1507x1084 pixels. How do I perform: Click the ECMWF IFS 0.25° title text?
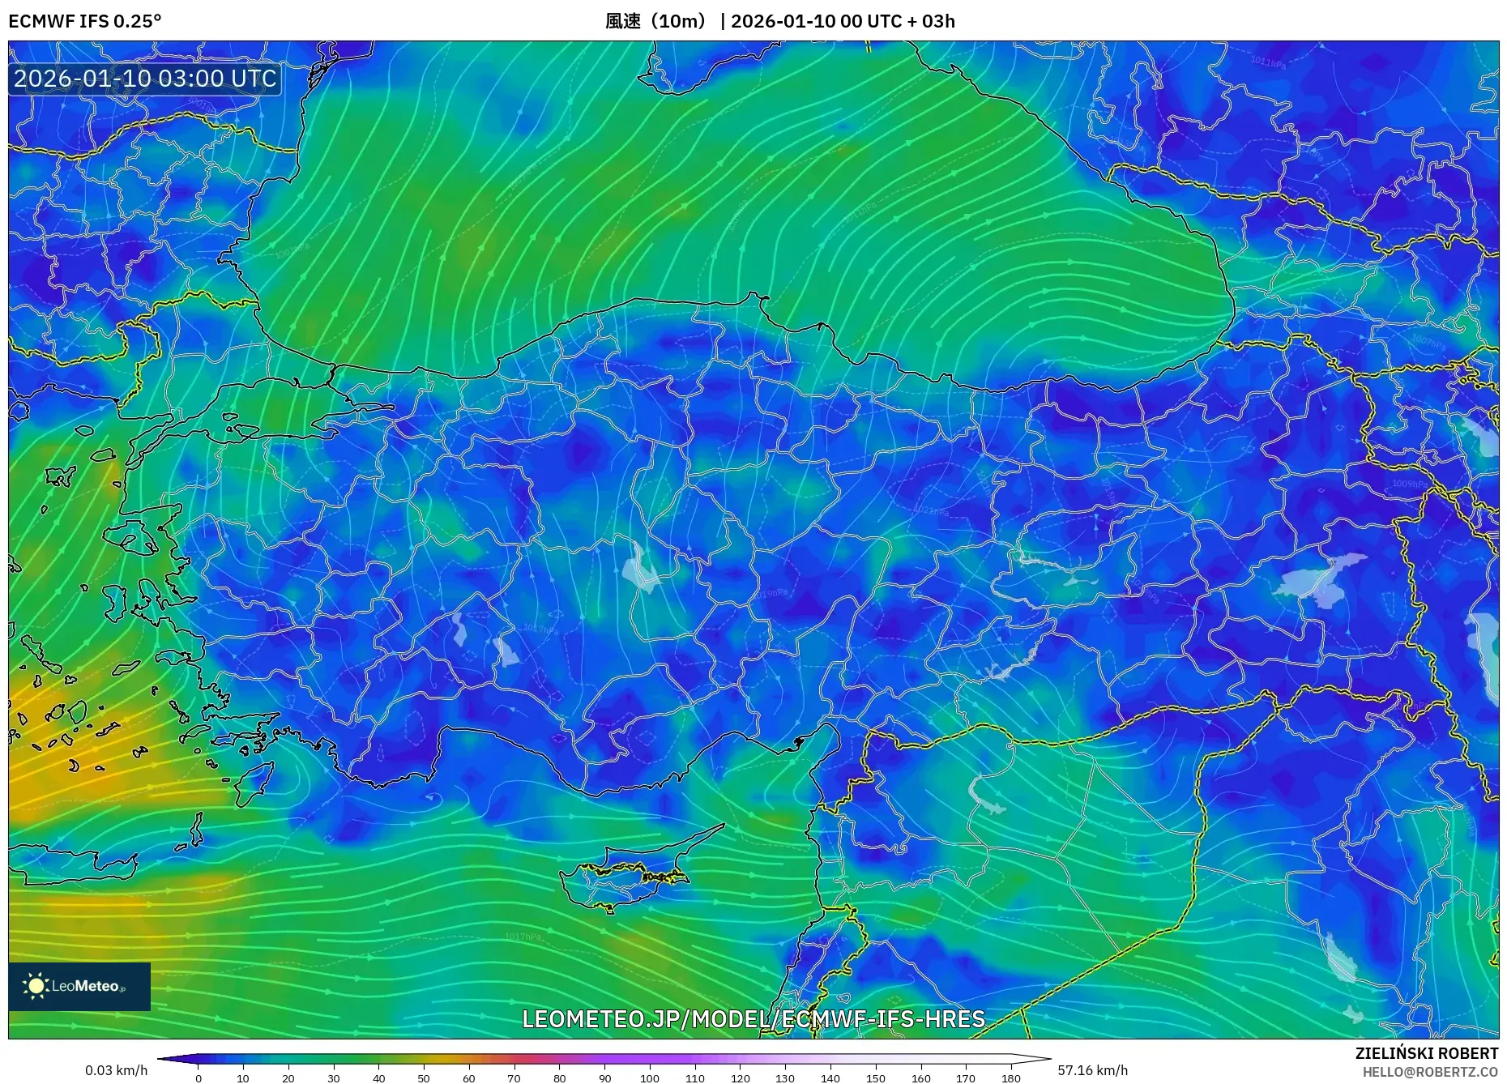tap(85, 21)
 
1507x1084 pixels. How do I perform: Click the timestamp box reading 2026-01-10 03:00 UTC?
tap(145, 79)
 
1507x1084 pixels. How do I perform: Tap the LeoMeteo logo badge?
tap(79, 986)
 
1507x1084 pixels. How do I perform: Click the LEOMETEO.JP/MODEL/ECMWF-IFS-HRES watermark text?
tap(753, 1019)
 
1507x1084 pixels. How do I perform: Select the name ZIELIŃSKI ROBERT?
tap(1426, 1053)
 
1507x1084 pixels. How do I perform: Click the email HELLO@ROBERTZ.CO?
tap(1430, 1072)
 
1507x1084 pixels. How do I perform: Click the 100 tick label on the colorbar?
tap(650, 1078)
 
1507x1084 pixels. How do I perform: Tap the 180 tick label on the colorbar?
tap(1010, 1078)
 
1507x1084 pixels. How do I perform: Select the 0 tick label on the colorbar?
tap(199, 1078)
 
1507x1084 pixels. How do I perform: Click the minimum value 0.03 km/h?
tap(117, 1070)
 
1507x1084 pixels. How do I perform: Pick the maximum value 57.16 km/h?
tap(1092, 1070)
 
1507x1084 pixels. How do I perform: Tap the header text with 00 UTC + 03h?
tap(843, 21)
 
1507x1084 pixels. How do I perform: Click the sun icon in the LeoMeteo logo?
tap(36, 986)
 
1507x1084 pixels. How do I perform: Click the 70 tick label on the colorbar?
tap(514, 1078)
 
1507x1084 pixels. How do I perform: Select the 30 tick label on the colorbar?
tap(333, 1078)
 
